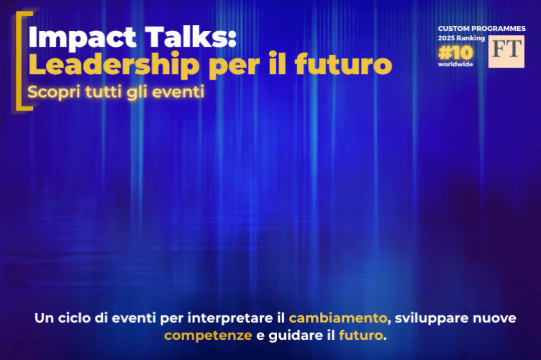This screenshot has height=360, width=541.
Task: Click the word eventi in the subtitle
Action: tap(179, 93)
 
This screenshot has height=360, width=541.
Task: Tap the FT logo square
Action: tap(506, 51)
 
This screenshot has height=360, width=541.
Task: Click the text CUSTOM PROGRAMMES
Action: tap(481, 28)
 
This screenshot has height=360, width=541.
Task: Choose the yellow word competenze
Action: tap(208, 336)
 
